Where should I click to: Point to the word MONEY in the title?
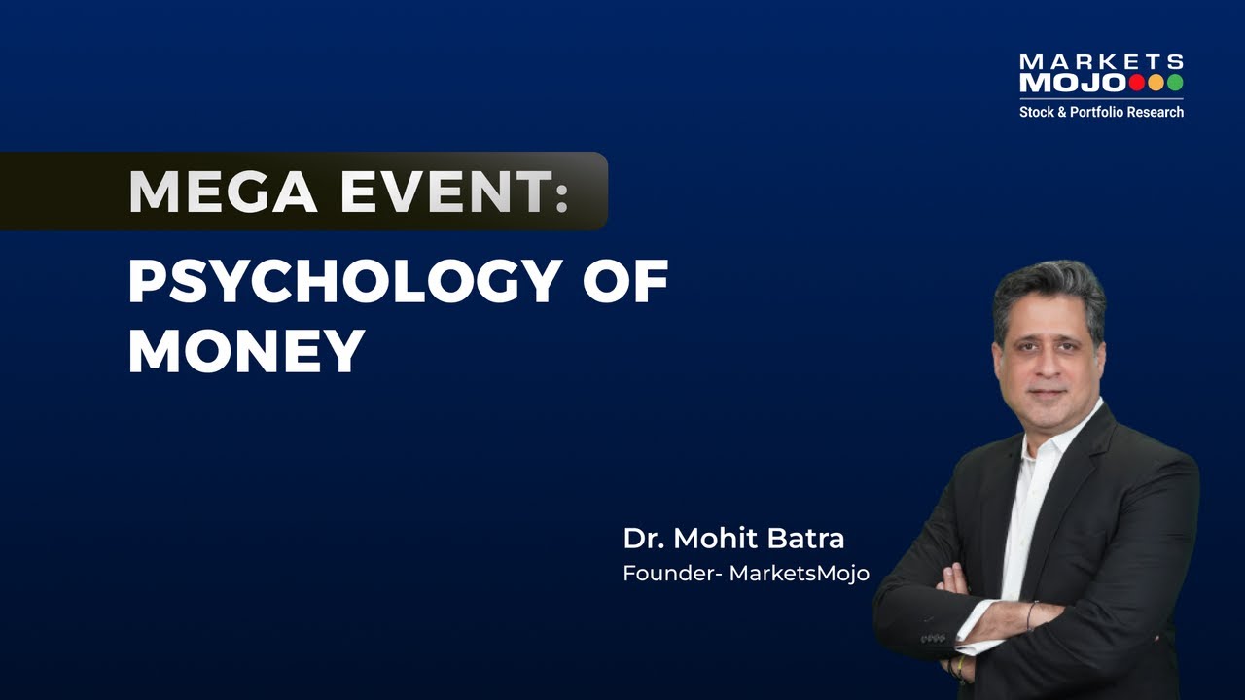point(246,351)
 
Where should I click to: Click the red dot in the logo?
point(1136,83)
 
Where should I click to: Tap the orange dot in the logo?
point(1156,83)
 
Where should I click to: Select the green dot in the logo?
point(1175,83)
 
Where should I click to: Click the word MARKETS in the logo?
point(1101,62)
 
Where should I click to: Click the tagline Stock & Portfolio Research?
point(1101,112)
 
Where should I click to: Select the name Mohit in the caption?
point(713,539)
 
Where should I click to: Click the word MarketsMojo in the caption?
point(800,574)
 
